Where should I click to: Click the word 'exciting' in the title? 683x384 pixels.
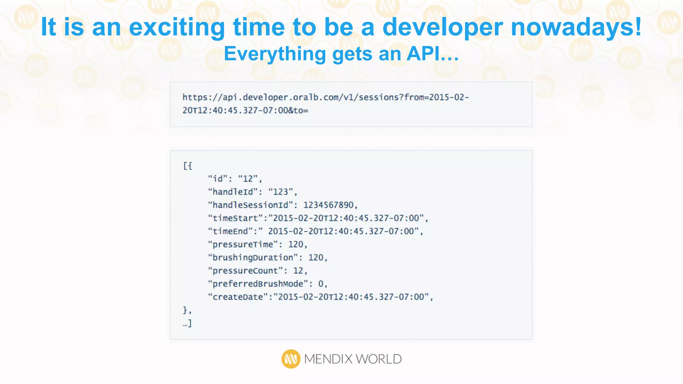(177, 27)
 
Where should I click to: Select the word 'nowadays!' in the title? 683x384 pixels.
(576, 27)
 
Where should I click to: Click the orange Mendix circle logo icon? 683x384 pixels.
(291, 359)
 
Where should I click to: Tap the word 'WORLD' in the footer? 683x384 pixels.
(379, 359)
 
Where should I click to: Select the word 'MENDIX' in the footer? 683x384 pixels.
(328, 359)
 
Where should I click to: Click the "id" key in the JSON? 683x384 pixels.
(218, 179)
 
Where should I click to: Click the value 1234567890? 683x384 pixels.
(328, 205)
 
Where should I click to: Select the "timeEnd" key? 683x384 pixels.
(230, 231)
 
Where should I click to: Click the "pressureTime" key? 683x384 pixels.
(243, 244)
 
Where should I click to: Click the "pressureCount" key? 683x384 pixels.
(245, 271)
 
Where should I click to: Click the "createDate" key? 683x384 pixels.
(238, 297)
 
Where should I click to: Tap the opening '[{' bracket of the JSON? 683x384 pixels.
(187, 166)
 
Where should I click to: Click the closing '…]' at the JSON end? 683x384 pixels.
(187, 323)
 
